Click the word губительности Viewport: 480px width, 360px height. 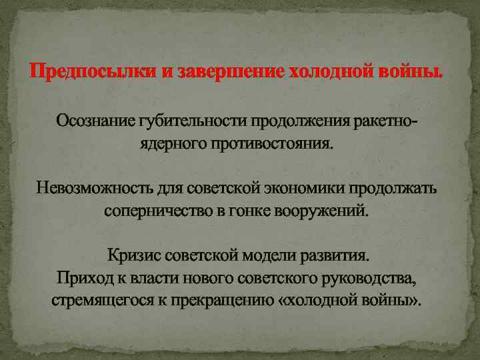pyautogui.click(x=192, y=121)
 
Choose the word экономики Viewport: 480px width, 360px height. pyautogui.click(x=307, y=188)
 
